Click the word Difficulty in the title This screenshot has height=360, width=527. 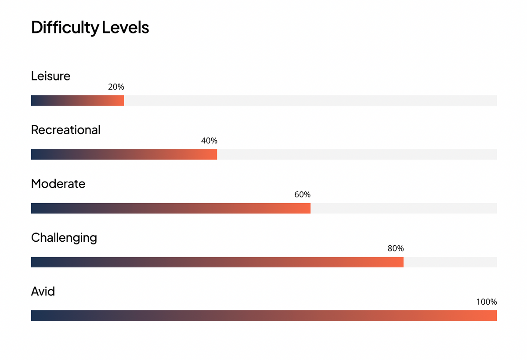click(x=65, y=28)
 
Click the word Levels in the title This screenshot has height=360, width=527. click(x=126, y=27)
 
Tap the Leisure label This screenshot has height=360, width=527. click(x=51, y=76)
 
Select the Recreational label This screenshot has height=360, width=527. click(x=65, y=130)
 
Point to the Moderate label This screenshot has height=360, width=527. click(x=58, y=184)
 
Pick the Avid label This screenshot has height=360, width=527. click(x=43, y=291)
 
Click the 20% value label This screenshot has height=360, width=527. click(x=116, y=87)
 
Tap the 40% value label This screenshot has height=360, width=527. click(x=209, y=141)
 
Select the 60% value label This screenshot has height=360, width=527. click(x=302, y=194)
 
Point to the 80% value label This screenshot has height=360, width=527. click(x=396, y=248)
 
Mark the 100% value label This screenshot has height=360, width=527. click(x=487, y=302)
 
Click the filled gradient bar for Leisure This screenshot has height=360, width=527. click(x=77, y=101)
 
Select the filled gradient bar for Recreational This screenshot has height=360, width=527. click(x=124, y=154)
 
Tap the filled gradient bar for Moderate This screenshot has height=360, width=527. click(x=170, y=208)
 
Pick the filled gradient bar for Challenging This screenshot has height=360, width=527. click(x=217, y=262)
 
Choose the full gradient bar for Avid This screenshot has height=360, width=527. click(x=264, y=316)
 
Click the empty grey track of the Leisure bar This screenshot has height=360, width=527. click(x=310, y=101)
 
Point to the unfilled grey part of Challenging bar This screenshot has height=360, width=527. click(x=450, y=262)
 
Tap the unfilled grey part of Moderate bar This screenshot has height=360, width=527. click(x=404, y=208)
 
